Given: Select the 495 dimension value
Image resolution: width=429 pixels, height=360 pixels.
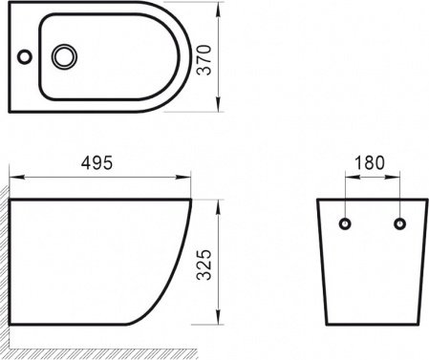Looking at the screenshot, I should click(x=96, y=163).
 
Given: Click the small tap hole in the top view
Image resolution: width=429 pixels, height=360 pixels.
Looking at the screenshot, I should click(x=22, y=57).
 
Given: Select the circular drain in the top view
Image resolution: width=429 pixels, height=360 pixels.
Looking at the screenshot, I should click(x=65, y=57).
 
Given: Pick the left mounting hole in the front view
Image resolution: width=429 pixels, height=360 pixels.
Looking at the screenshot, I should click(x=344, y=224).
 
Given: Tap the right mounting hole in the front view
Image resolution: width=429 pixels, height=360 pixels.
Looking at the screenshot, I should click(x=397, y=224).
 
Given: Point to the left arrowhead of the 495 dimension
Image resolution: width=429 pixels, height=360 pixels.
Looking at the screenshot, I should click(x=14, y=178).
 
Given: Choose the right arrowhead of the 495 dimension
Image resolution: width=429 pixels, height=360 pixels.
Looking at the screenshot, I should click(x=188, y=178).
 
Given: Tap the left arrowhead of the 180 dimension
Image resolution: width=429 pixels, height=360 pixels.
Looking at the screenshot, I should click(x=346, y=178).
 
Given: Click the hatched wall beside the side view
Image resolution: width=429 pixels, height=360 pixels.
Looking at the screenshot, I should click(x=5, y=267).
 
